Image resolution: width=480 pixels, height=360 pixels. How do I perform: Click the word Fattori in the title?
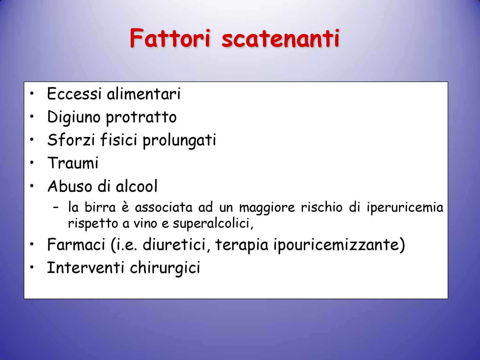click(170, 38)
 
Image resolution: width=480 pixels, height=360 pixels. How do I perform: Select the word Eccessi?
click(74, 93)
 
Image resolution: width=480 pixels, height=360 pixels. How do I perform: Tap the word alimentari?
click(144, 93)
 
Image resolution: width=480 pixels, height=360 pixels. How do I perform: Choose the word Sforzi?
click(71, 140)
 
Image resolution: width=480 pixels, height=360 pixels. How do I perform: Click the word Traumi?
click(73, 163)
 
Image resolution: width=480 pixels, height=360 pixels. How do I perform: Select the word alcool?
click(137, 186)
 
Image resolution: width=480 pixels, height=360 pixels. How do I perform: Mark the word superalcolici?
click(213, 224)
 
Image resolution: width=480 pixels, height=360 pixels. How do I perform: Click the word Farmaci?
click(76, 244)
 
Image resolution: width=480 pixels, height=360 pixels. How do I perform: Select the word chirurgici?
click(165, 268)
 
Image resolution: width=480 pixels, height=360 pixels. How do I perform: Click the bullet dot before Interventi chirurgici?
click(32, 267)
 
